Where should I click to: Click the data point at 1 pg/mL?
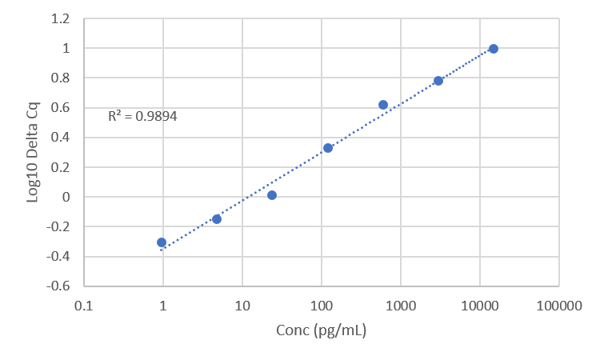162,242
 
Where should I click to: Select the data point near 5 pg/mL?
217,218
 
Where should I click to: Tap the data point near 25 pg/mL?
272,195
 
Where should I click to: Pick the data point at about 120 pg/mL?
328,148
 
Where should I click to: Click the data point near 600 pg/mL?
383,105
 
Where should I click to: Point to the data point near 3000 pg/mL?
438,81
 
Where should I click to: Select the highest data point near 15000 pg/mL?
494,49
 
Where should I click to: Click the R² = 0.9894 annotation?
142,116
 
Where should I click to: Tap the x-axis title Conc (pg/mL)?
321,330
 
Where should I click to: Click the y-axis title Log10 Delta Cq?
34,152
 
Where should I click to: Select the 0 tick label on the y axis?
66,197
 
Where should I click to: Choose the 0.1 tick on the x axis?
84,305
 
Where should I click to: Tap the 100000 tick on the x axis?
558,305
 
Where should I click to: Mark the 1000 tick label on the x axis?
401,305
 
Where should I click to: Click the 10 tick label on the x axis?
242,305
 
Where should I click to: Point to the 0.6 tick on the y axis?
62,108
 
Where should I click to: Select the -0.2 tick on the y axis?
61,227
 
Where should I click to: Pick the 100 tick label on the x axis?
322,305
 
